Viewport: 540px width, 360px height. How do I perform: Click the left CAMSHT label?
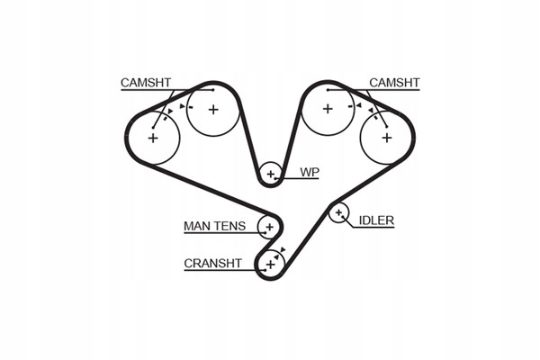pos(146,83)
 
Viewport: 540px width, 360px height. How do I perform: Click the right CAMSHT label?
pos(394,83)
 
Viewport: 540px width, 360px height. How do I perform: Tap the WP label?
pos(310,172)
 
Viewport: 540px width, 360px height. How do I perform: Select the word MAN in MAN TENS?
pos(196,226)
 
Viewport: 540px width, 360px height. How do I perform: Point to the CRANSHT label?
pos(212,264)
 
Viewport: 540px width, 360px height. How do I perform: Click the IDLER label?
pos(376,220)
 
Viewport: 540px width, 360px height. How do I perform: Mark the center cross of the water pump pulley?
pos(271,174)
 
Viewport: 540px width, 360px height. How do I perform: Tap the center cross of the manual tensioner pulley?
pos(270,227)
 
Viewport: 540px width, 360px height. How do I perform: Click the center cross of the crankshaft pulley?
pos(271,265)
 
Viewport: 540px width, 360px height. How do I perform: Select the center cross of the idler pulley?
pos(338,212)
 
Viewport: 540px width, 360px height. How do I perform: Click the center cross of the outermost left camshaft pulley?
pos(153,138)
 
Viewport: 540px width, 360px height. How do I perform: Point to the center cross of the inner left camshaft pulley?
pos(213,110)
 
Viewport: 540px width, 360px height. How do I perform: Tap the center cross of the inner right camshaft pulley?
pos(328,109)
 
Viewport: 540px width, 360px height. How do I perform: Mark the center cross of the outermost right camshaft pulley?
pos(387,138)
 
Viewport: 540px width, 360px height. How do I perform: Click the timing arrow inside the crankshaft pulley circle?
pos(276,257)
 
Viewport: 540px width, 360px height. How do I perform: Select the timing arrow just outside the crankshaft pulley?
pos(283,249)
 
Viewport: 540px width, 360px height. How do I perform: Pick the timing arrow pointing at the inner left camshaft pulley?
pos(182,106)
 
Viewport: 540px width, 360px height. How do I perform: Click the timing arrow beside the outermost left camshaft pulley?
pos(170,111)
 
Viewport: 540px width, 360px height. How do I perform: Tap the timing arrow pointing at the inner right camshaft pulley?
pos(358,105)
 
